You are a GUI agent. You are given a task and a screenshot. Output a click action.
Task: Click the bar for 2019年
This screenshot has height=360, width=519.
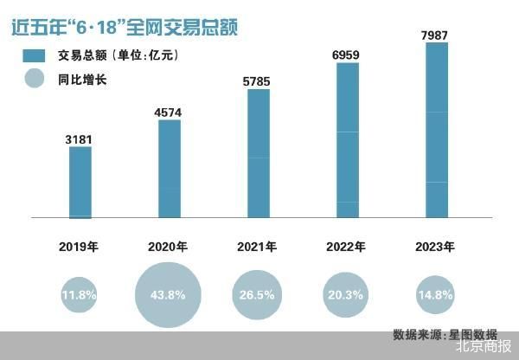(80, 182)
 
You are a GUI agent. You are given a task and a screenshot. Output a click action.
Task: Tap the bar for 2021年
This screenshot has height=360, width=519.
(259, 153)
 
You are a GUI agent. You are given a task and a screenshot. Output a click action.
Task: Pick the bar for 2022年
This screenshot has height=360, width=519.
(347, 139)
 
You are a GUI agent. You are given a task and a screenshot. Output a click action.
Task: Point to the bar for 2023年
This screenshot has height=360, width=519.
(437, 129)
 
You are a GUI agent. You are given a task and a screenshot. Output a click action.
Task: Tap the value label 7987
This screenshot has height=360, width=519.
(437, 32)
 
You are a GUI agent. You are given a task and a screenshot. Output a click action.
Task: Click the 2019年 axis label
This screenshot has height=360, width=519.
(79, 247)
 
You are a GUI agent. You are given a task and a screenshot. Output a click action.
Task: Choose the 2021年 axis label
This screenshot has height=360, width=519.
(257, 247)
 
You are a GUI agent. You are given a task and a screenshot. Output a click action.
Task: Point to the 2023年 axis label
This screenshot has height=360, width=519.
(435, 247)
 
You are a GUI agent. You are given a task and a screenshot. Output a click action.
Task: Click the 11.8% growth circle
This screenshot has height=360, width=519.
(79, 295)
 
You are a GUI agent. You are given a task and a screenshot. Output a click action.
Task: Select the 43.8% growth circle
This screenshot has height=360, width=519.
(168, 295)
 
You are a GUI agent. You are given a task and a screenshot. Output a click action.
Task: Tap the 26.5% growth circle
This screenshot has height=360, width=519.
(257, 295)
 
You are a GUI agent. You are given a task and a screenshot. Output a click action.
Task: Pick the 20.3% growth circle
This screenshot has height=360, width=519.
(346, 295)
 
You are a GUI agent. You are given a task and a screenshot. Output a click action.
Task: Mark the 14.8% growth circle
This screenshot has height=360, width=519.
(435, 295)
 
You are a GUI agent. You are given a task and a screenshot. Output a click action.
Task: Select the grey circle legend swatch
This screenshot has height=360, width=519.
(35, 83)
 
